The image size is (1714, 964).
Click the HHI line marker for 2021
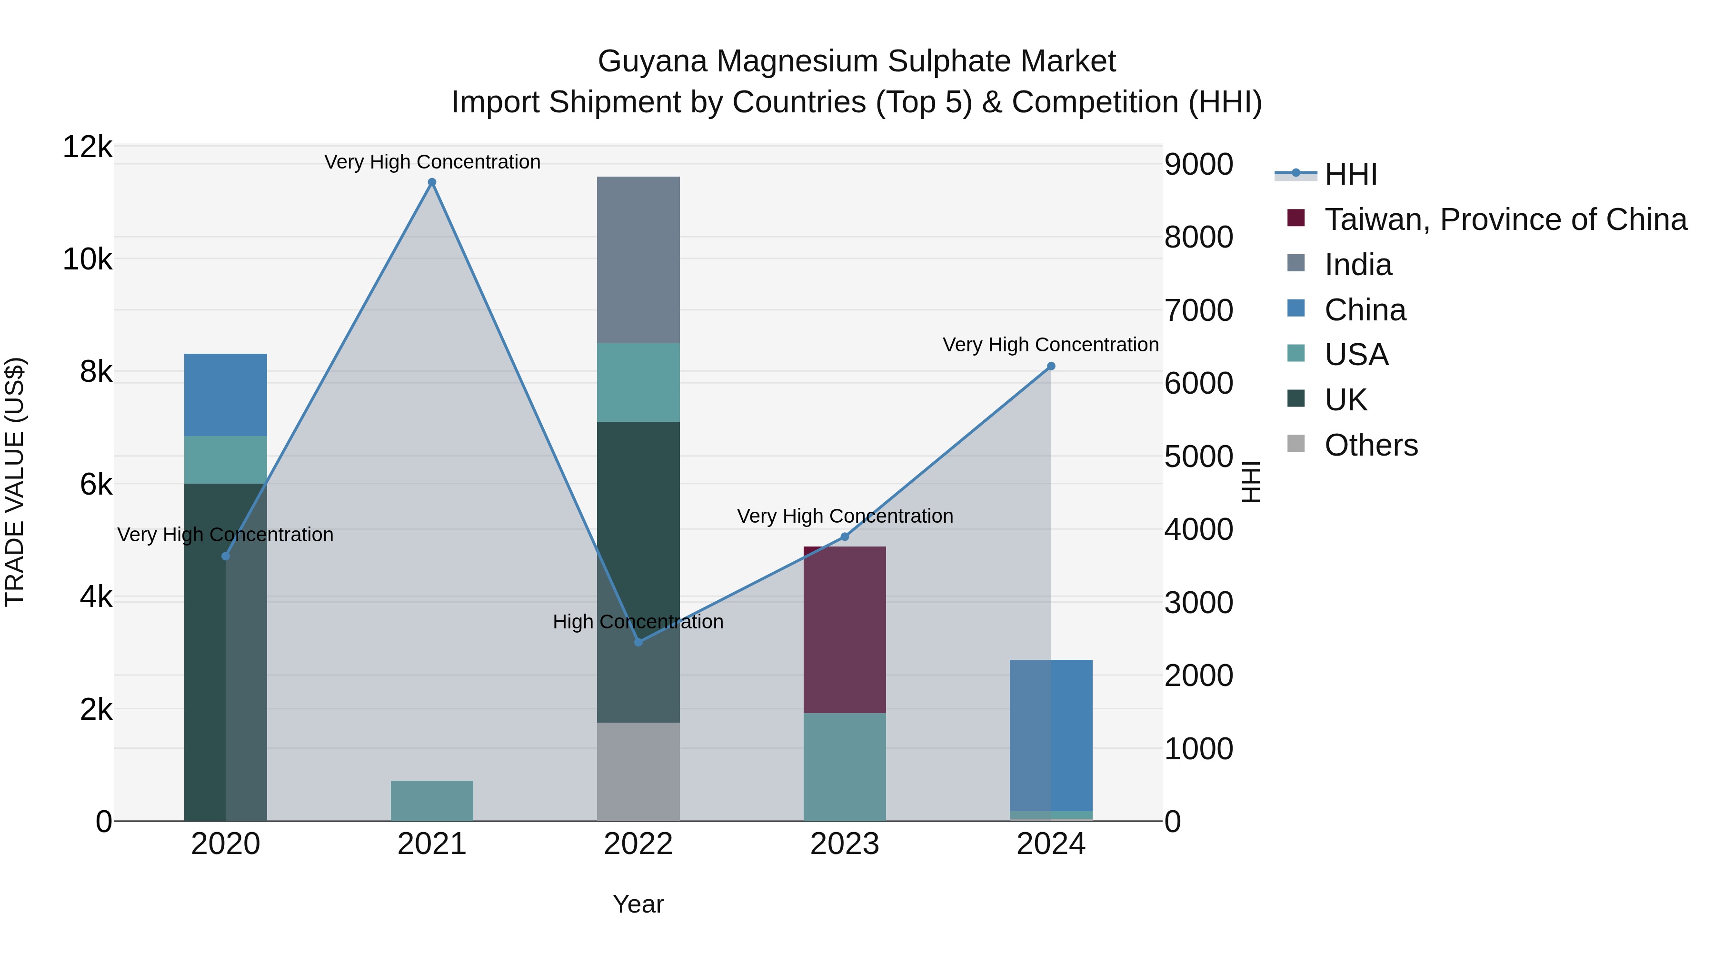(432, 182)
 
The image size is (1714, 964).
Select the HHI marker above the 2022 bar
(638, 642)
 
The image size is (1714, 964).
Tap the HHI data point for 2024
(1051, 366)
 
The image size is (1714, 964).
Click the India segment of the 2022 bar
(638, 259)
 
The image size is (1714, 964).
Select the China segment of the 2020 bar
(226, 395)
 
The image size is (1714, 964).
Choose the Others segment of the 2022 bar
(638, 772)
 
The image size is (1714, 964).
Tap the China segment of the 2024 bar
(1051, 735)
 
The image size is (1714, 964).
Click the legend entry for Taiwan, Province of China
(1505, 219)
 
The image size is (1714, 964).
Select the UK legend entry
(1345, 400)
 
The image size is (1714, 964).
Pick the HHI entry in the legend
(1350, 174)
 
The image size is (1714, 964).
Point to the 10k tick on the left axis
(87, 259)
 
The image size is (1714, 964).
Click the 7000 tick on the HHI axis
(1198, 310)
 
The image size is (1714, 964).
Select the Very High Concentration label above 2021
(432, 162)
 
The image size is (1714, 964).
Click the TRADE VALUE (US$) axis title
(15, 482)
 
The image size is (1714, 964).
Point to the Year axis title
(638, 904)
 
